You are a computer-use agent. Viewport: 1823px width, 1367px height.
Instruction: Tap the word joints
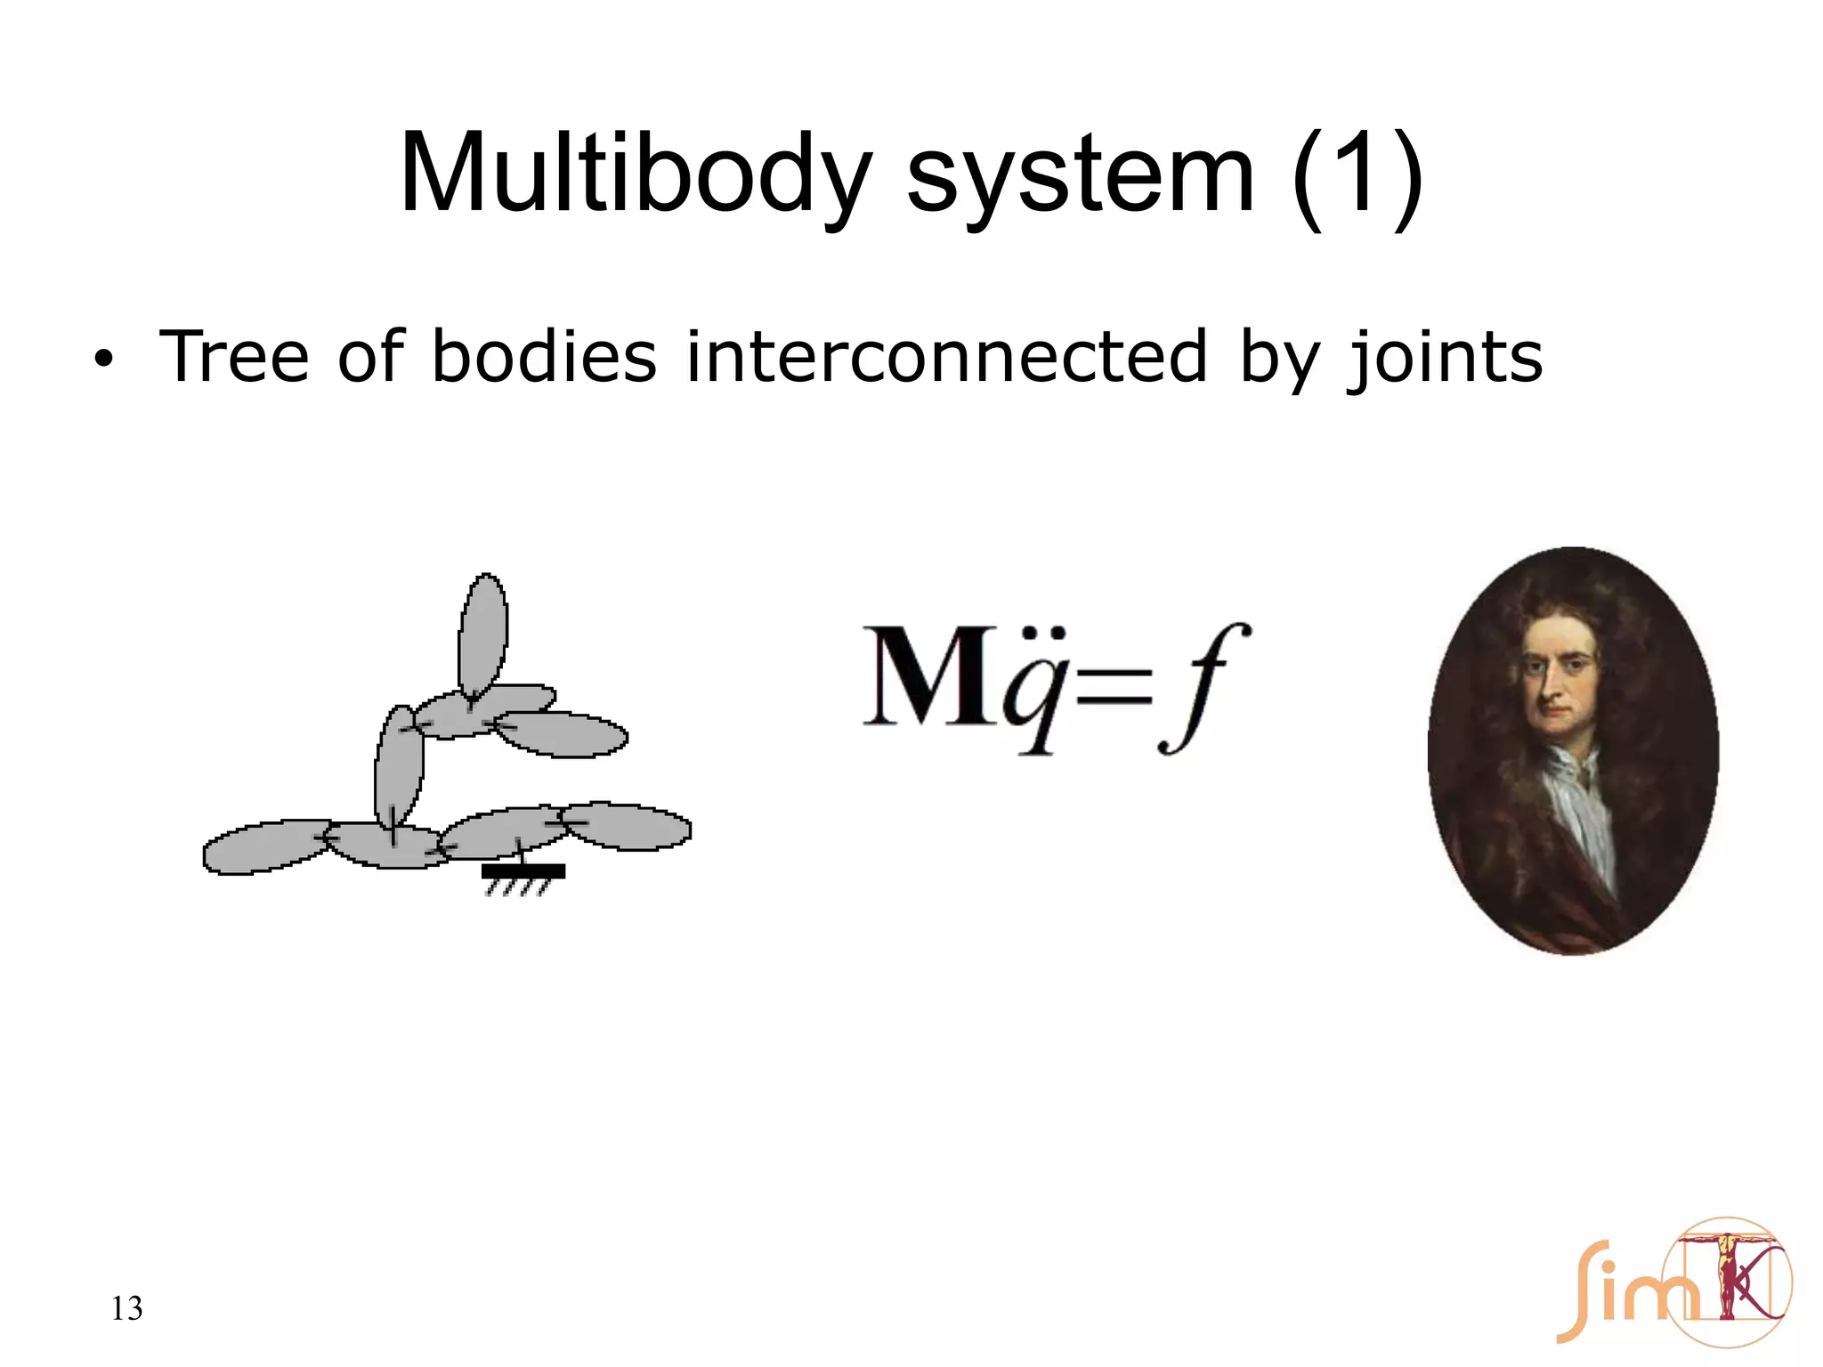tap(1445, 358)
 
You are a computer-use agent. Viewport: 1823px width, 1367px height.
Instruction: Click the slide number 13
tap(126, 1308)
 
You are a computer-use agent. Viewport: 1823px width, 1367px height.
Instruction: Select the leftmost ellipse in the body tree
tap(264, 845)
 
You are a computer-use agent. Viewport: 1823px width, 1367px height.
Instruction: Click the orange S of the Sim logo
tap(1580, 1290)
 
